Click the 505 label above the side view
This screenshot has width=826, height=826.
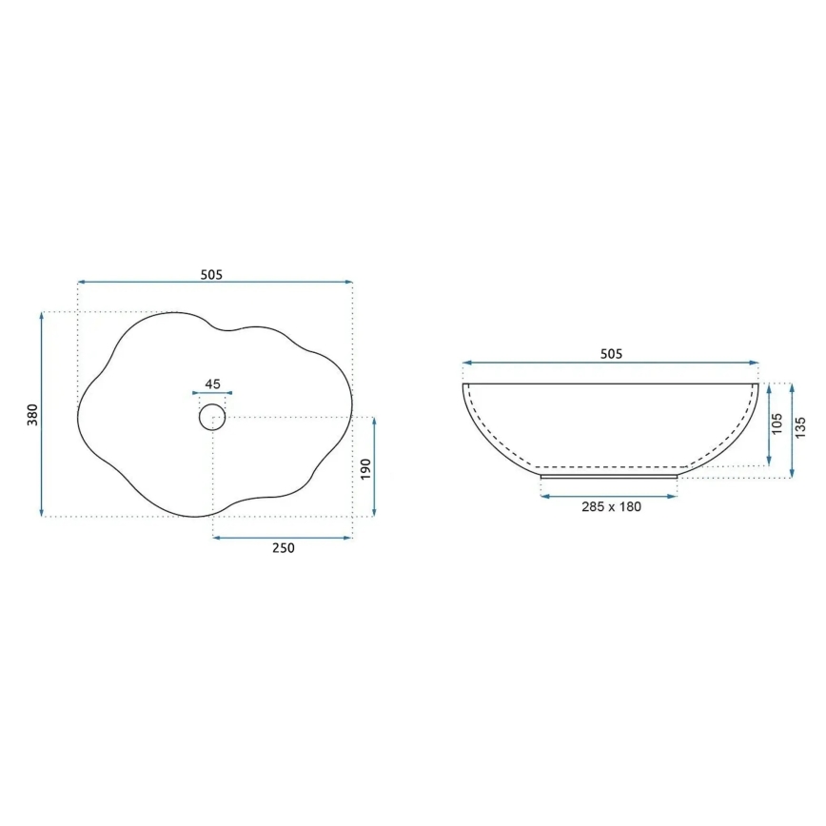611,354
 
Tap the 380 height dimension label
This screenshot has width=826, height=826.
31,415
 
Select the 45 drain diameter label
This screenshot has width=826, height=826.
212,384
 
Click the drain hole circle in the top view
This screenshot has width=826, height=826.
212,416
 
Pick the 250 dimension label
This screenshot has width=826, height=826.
283,548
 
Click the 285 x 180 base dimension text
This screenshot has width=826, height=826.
610,506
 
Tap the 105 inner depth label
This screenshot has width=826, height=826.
777,424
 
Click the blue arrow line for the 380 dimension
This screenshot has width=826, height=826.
43,414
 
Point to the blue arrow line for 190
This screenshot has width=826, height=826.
374,467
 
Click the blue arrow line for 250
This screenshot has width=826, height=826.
283,538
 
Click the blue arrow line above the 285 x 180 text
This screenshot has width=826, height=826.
609,496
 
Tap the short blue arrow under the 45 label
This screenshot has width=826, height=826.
212,393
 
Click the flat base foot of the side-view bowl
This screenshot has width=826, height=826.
609,475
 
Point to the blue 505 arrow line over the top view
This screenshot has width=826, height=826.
214,283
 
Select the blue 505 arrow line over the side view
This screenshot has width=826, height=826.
611,363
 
